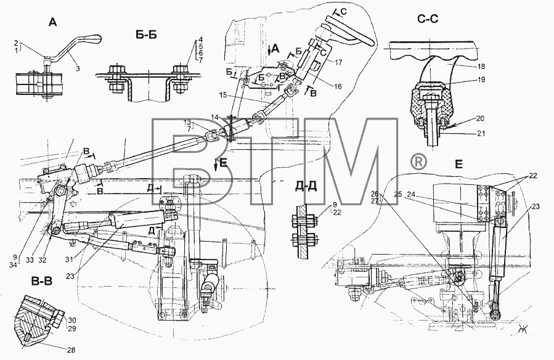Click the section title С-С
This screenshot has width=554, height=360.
click(x=428, y=18)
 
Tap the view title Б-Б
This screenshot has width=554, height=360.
click(x=145, y=35)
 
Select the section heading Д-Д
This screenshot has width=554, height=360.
click(x=306, y=186)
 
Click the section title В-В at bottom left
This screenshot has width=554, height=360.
click(x=42, y=282)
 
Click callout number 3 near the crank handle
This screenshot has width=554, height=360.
click(x=78, y=68)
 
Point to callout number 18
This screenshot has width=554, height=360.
click(x=481, y=67)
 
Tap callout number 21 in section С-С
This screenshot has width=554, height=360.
click(x=481, y=134)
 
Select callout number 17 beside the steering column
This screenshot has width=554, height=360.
click(x=338, y=62)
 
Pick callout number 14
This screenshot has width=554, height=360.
click(x=215, y=117)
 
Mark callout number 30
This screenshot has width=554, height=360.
click(x=72, y=321)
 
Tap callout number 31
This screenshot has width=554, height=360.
click(x=69, y=260)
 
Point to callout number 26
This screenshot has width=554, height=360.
click(x=375, y=194)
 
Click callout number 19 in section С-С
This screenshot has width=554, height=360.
click(x=481, y=80)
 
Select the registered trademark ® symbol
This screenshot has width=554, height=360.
click(x=418, y=162)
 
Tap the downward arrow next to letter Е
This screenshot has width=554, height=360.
click(x=216, y=166)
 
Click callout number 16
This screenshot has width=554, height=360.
click(x=338, y=86)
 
